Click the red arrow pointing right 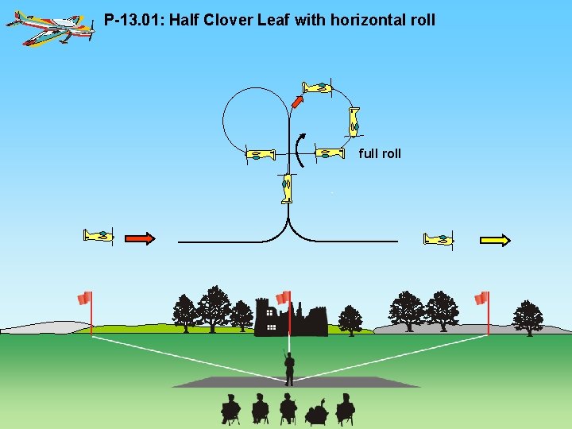click(x=140, y=238)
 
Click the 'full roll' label click(x=380, y=153)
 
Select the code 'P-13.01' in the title click(x=132, y=19)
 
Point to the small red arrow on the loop click(x=297, y=100)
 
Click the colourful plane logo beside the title click(x=49, y=28)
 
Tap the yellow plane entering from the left click(x=99, y=235)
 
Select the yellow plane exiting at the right click(x=439, y=239)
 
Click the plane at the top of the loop click(x=317, y=87)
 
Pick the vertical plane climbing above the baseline click(x=286, y=189)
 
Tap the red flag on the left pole click(x=84, y=298)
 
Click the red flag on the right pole click(x=481, y=298)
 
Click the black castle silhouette click(x=290, y=319)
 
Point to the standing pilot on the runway click(x=289, y=368)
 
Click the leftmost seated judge click(x=230, y=408)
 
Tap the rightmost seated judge click(x=345, y=408)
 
